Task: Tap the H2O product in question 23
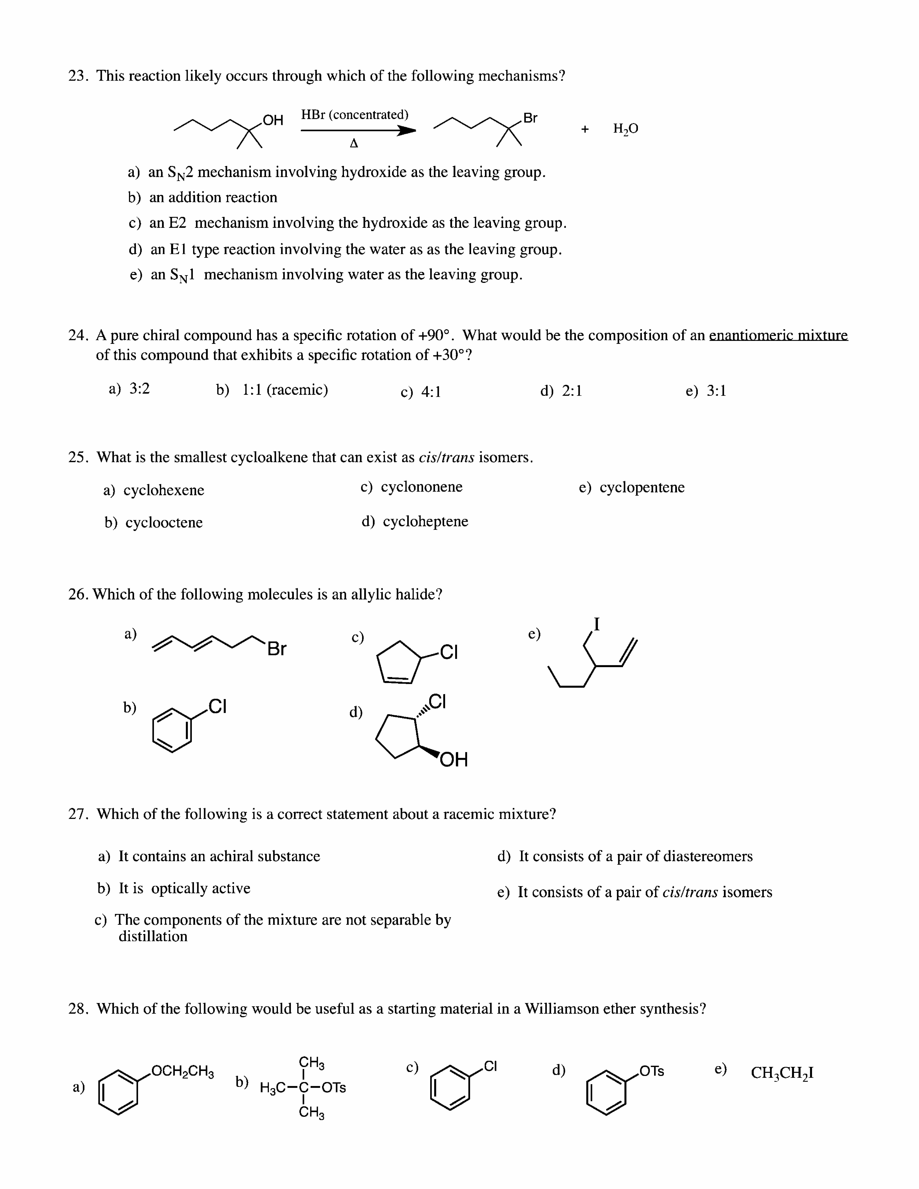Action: click(626, 129)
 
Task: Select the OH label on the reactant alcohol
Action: click(273, 120)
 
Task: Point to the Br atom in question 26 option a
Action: click(277, 649)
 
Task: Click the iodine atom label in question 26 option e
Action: click(597, 624)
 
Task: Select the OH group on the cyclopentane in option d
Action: click(453, 759)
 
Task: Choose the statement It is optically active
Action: click(184, 888)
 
